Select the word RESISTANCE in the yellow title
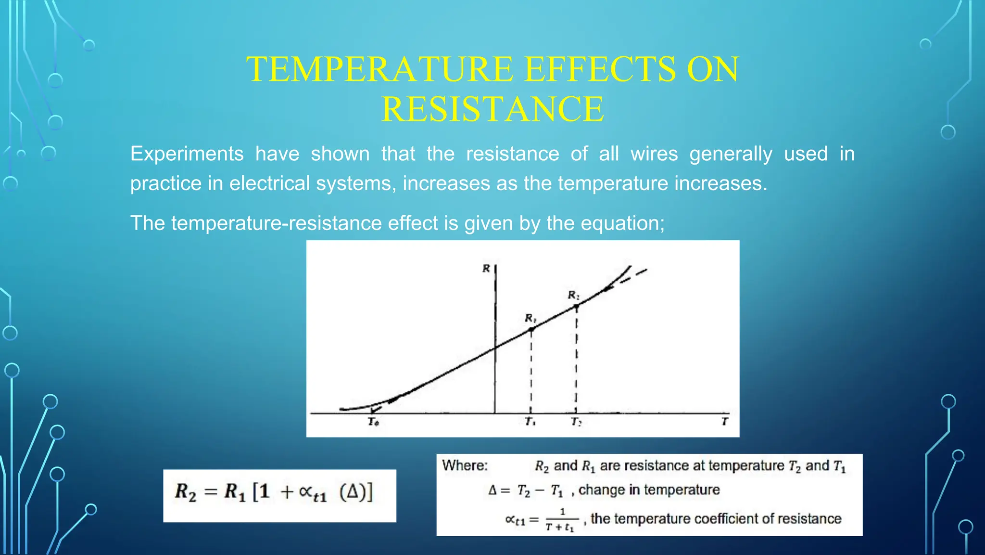[x=492, y=109]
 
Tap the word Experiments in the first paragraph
[x=187, y=154]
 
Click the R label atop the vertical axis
[x=486, y=269]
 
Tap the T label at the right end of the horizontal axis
[x=724, y=422]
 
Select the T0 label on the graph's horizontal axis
[x=373, y=422]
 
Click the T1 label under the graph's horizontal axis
[x=530, y=422]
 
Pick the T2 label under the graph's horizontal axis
[x=576, y=422]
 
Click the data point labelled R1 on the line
[x=531, y=329]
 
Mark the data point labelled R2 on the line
[x=576, y=306]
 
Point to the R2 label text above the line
[x=573, y=295]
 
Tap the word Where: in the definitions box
[x=465, y=465]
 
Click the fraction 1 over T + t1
[x=561, y=520]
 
